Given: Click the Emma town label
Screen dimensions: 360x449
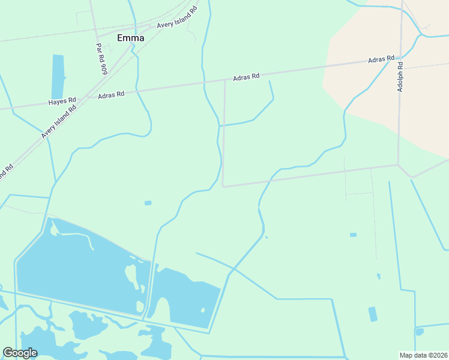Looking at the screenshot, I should (x=130, y=38).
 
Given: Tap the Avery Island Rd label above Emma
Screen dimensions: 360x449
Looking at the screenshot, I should (x=176, y=17).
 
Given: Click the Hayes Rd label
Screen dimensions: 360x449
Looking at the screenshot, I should (x=62, y=101).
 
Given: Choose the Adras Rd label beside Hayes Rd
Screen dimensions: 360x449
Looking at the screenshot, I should (x=110, y=94).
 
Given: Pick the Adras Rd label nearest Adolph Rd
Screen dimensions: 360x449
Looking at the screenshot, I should (x=381, y=60).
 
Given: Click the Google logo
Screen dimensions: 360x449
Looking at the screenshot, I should (x=20, y=353).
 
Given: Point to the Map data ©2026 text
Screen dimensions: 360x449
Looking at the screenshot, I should (x=423, y=355).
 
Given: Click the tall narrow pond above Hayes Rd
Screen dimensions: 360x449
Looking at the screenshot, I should (x=58, y=76).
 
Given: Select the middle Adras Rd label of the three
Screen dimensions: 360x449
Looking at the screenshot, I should (x=246, y=77).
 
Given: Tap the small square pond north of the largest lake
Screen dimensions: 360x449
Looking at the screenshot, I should (x=148, y=203).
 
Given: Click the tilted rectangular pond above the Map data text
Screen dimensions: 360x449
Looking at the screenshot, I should (x=373, y=314).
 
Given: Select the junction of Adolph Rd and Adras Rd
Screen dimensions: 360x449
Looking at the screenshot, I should (x=400, y=57).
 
